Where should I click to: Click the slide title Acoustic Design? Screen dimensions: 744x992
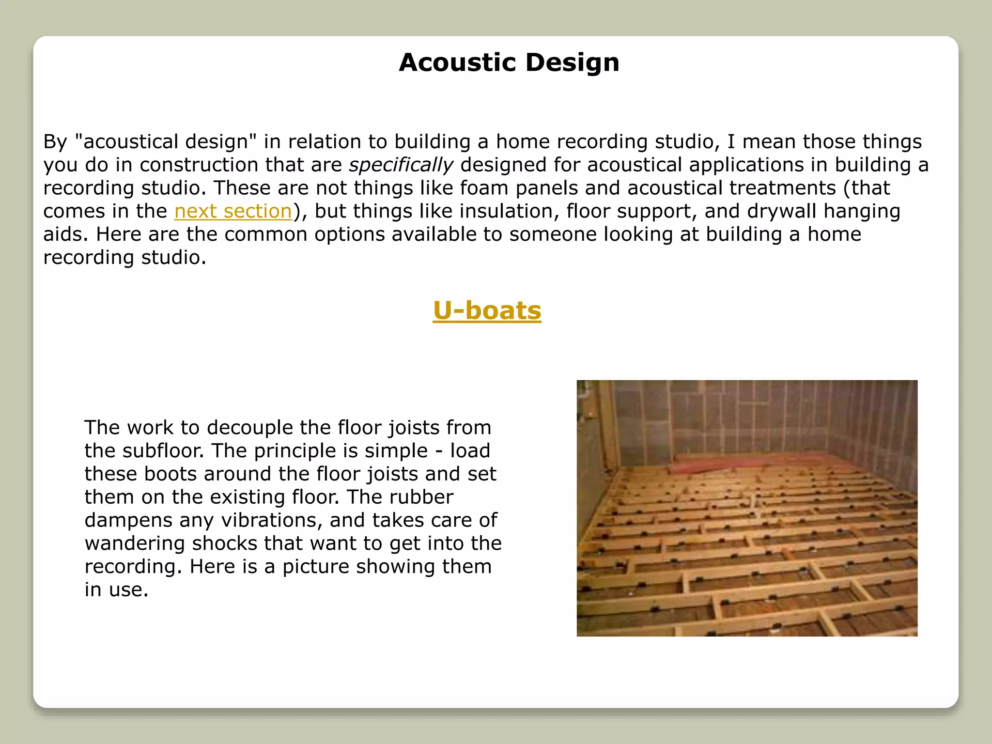[509, 62]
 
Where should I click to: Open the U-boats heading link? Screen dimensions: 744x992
[487, 310]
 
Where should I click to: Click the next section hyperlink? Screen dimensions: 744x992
[233, 211]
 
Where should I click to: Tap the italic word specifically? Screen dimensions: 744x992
[401, 165]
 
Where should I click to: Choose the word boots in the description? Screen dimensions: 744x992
[170, 474]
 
